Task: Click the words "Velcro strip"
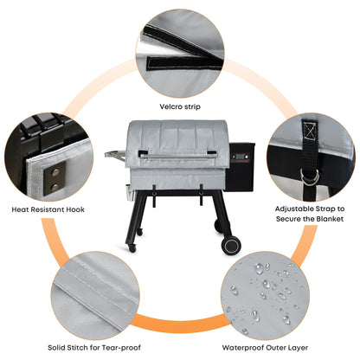tap(180, 107)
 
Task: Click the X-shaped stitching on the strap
tap(306, 132)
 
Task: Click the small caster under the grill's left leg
tap(132, 247)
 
